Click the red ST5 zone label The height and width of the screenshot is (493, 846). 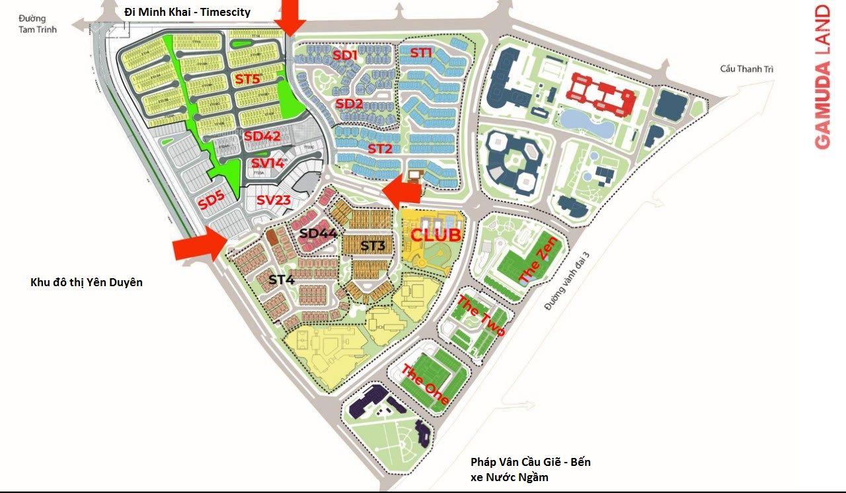point(248,79)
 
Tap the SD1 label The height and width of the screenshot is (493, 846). point(344,55)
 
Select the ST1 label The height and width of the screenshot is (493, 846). point(421,53)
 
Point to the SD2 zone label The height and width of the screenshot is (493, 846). point(349,104)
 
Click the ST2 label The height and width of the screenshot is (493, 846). point(380,149)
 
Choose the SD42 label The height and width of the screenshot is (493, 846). point(262,136)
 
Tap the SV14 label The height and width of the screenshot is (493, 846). point(268,163)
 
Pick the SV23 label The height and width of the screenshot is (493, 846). point(274,200)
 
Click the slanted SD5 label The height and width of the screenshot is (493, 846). point(212,200)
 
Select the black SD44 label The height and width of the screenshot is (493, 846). point(319,233)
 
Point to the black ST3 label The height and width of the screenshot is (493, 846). point(373,246)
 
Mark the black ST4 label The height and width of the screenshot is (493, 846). point(281,280)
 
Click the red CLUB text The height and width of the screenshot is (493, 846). point(436,235)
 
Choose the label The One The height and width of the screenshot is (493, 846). point(426,385)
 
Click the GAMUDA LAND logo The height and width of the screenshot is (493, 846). point(822,77)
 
